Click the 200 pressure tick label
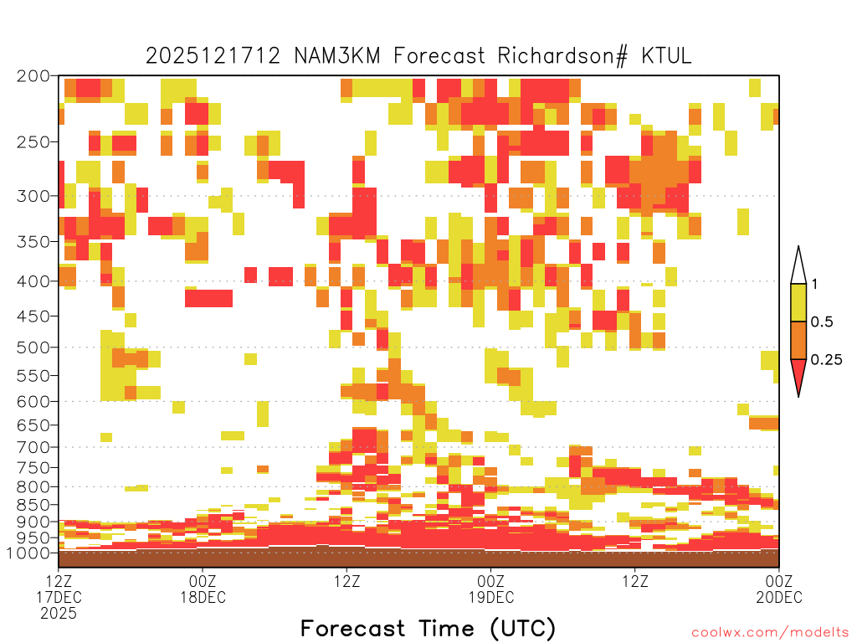33,76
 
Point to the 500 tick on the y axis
33,347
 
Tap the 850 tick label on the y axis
33,505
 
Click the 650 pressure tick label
33,424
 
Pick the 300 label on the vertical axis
33,196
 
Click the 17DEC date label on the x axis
59,597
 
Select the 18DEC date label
203,597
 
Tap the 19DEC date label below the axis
490,597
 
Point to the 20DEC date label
779,597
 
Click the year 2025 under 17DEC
59,614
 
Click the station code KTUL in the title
666,56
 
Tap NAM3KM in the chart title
337,56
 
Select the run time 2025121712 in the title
213,56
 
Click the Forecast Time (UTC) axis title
428,628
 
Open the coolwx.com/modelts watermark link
771,633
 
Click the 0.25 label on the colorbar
826,360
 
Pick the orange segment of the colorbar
798,340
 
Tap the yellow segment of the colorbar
798,302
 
